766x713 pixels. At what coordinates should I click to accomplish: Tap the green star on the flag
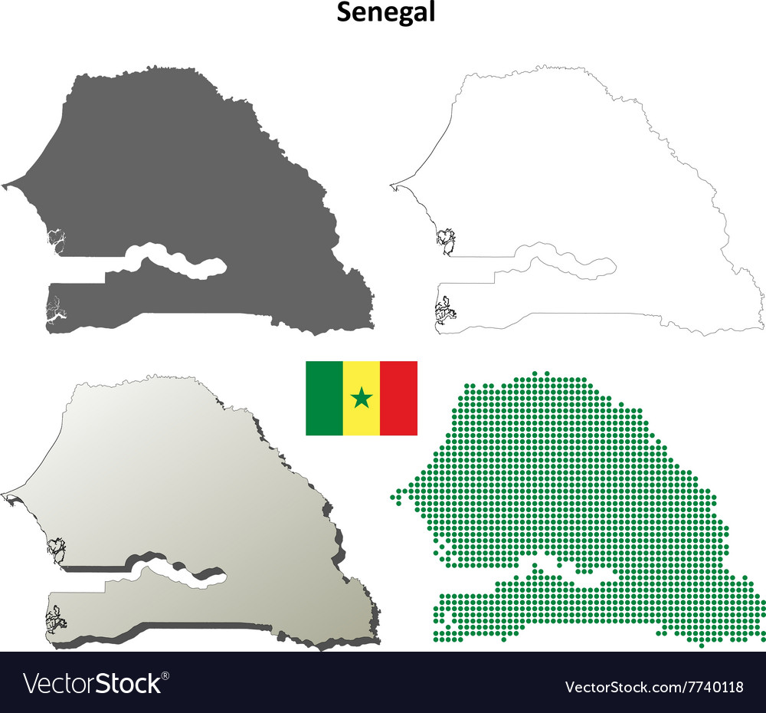pos(362,398)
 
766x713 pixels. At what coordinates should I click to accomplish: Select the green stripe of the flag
pos(324,398)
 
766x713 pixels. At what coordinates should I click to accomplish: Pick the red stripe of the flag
pos(399,398)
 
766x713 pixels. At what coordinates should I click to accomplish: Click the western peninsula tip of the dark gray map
pos(5,185)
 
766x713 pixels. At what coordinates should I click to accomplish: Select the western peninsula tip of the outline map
pos(392,184)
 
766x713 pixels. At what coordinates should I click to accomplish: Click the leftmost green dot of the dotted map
pos(392,497)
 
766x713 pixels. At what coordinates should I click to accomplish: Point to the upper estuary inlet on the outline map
pos(443,241)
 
